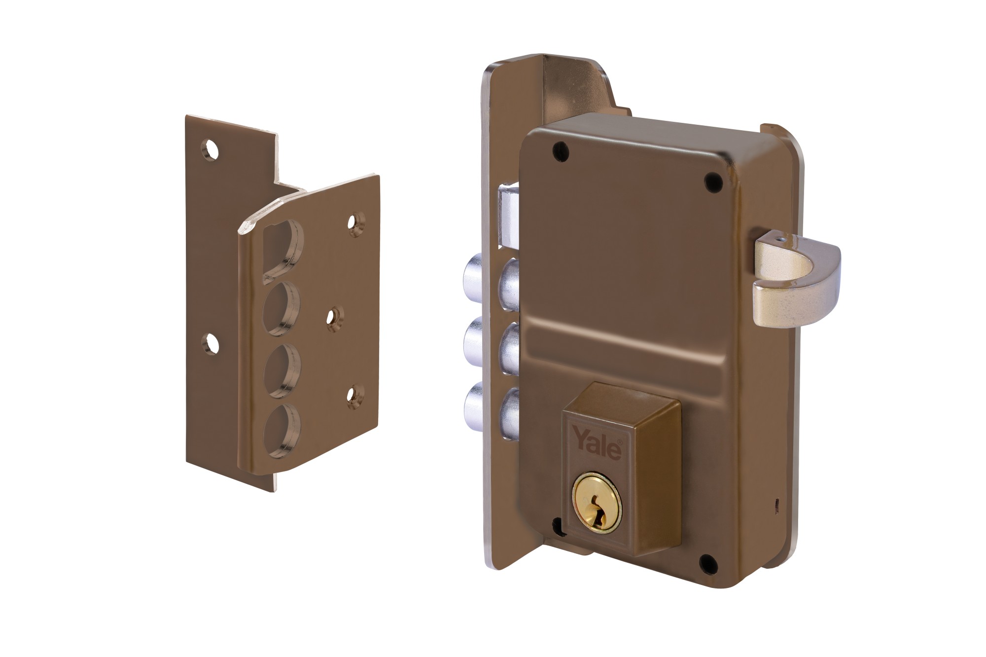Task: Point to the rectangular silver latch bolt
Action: click(509, 215)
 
